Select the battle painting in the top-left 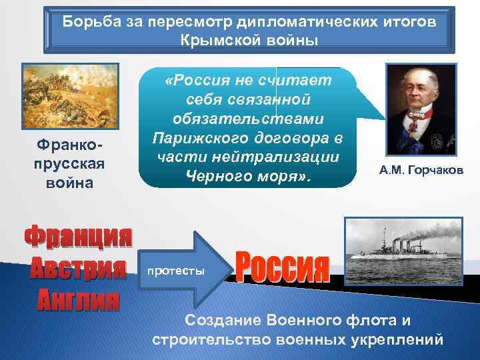(70, 96)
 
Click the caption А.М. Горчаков (421, 171)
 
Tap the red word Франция (78, 239)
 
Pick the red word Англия (77, 299)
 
